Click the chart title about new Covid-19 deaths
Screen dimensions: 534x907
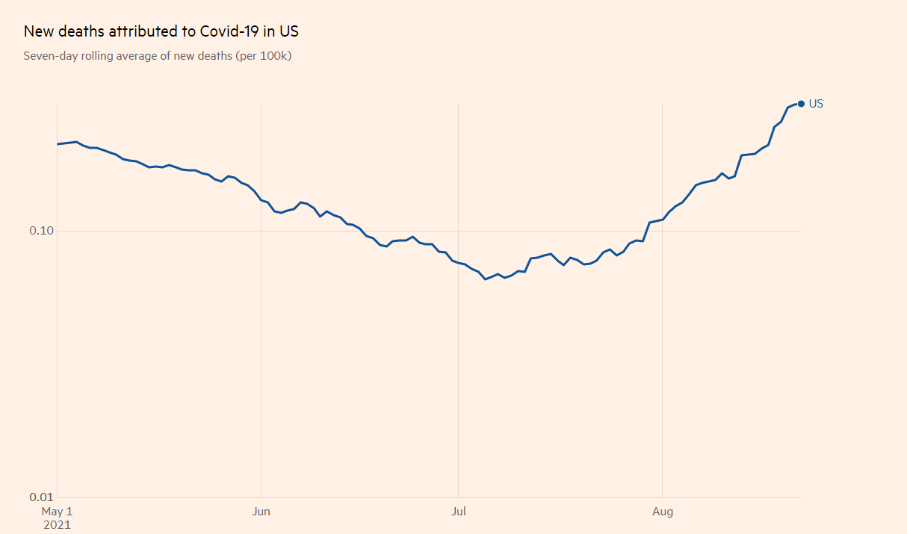pyautogui.click(x=161, y=31)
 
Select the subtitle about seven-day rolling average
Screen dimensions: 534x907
pyautogui.click(x=157, y=56)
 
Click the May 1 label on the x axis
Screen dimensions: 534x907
pyautogui.click(x=57, y=512)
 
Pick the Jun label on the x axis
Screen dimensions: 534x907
pyautogui.click(x=261, y=512)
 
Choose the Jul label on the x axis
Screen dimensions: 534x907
pyautogui.click(x=458, y=512)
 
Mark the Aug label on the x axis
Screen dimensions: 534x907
pyautogui.click(x=663, y=512)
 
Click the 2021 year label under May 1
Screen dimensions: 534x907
pyautogui.click(x=57, y=524)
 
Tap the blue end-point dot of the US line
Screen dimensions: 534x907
pyautogui.click(x=801, y=104)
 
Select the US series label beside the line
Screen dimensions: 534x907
pyautogui.click(x=816, y=104)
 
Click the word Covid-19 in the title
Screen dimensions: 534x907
pyautogui.click(x=227, y=31)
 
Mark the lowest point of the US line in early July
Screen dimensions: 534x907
pyautogui.click(x=486, y=279)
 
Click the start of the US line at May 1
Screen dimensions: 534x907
pyautogui.click(x=58, y=144)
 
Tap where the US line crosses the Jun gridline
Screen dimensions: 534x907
pyautogui.click(x=261, y=200)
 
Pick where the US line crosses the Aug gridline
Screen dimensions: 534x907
pyautogui.click(x=663, y=219)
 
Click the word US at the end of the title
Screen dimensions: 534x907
pyautogui.click(x=289, y=31)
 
